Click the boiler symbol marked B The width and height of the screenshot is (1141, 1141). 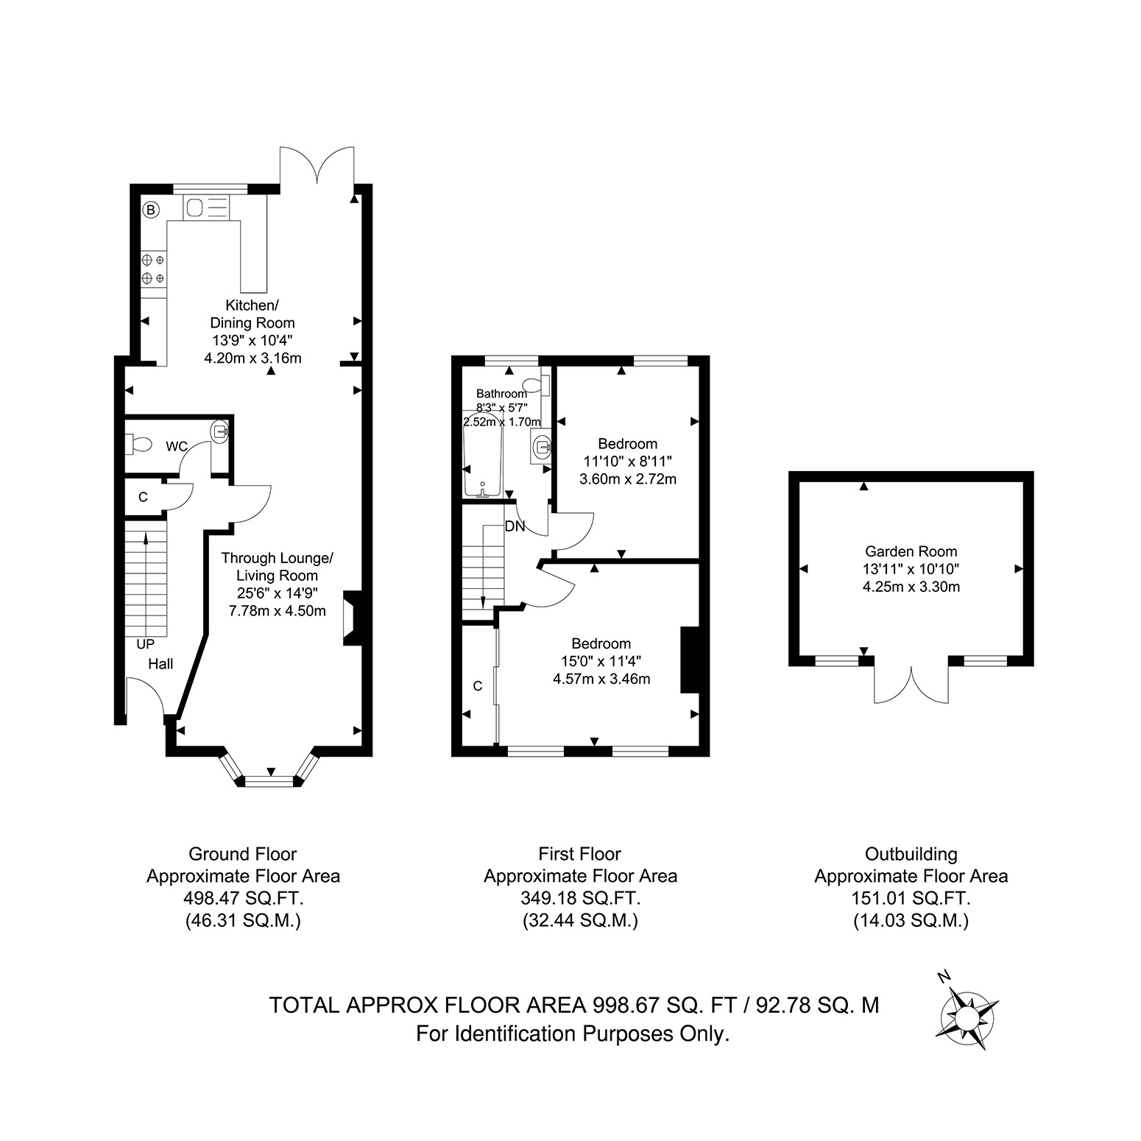150,211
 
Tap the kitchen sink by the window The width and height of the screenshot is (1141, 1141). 194,208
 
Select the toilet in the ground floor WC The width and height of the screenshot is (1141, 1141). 138,444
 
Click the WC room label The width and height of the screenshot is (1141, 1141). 177,446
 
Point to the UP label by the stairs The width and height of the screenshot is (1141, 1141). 146,644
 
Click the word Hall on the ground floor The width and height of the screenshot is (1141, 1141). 160,664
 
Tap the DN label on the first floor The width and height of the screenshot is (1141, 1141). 515,526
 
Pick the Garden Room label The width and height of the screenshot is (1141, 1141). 911,551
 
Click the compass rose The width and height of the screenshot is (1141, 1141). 965,1018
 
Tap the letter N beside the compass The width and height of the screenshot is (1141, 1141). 944,977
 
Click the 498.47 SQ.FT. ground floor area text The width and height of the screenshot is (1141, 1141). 244,898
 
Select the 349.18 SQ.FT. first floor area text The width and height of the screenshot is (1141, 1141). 580,898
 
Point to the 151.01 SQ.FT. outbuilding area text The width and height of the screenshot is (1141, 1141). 911,898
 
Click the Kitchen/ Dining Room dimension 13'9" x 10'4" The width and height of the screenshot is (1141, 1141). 252,341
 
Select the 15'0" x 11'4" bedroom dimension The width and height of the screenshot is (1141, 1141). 601,661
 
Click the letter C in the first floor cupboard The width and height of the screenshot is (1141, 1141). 478,686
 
